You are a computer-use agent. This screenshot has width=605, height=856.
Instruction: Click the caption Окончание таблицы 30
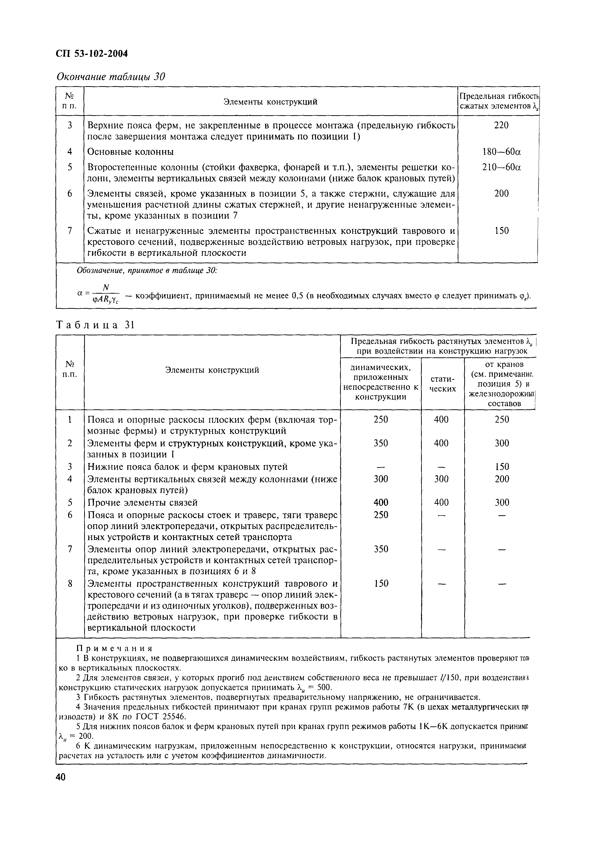[110, 77]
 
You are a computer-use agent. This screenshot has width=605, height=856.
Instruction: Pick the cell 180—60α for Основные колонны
[501, 152]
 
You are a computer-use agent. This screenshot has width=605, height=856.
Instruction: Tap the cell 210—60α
[501, 167]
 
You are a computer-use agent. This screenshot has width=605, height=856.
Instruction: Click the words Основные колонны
[130, 152]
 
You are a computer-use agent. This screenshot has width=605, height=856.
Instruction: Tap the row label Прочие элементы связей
[142, 503]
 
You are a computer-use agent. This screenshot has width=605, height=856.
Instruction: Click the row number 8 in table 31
[70, 583]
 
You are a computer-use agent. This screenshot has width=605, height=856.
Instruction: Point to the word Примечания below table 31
[114, 648]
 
